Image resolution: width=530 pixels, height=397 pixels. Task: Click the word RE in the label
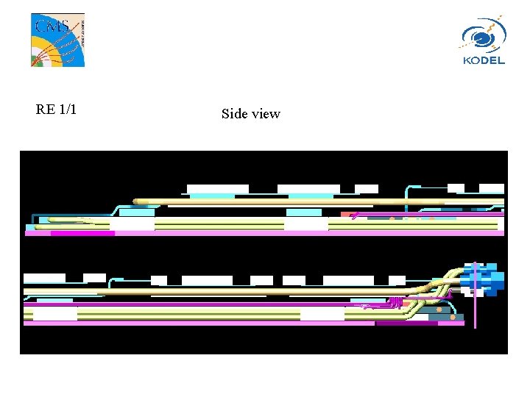46,110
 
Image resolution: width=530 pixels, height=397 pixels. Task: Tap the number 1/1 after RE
68,110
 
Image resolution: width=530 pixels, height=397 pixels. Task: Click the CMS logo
58,40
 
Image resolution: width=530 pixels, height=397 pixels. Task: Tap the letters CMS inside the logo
52,26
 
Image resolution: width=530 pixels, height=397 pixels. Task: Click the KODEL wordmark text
484,61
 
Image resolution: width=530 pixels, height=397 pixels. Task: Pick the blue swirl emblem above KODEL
484,35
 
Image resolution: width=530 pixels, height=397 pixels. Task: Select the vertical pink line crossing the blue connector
476,296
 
